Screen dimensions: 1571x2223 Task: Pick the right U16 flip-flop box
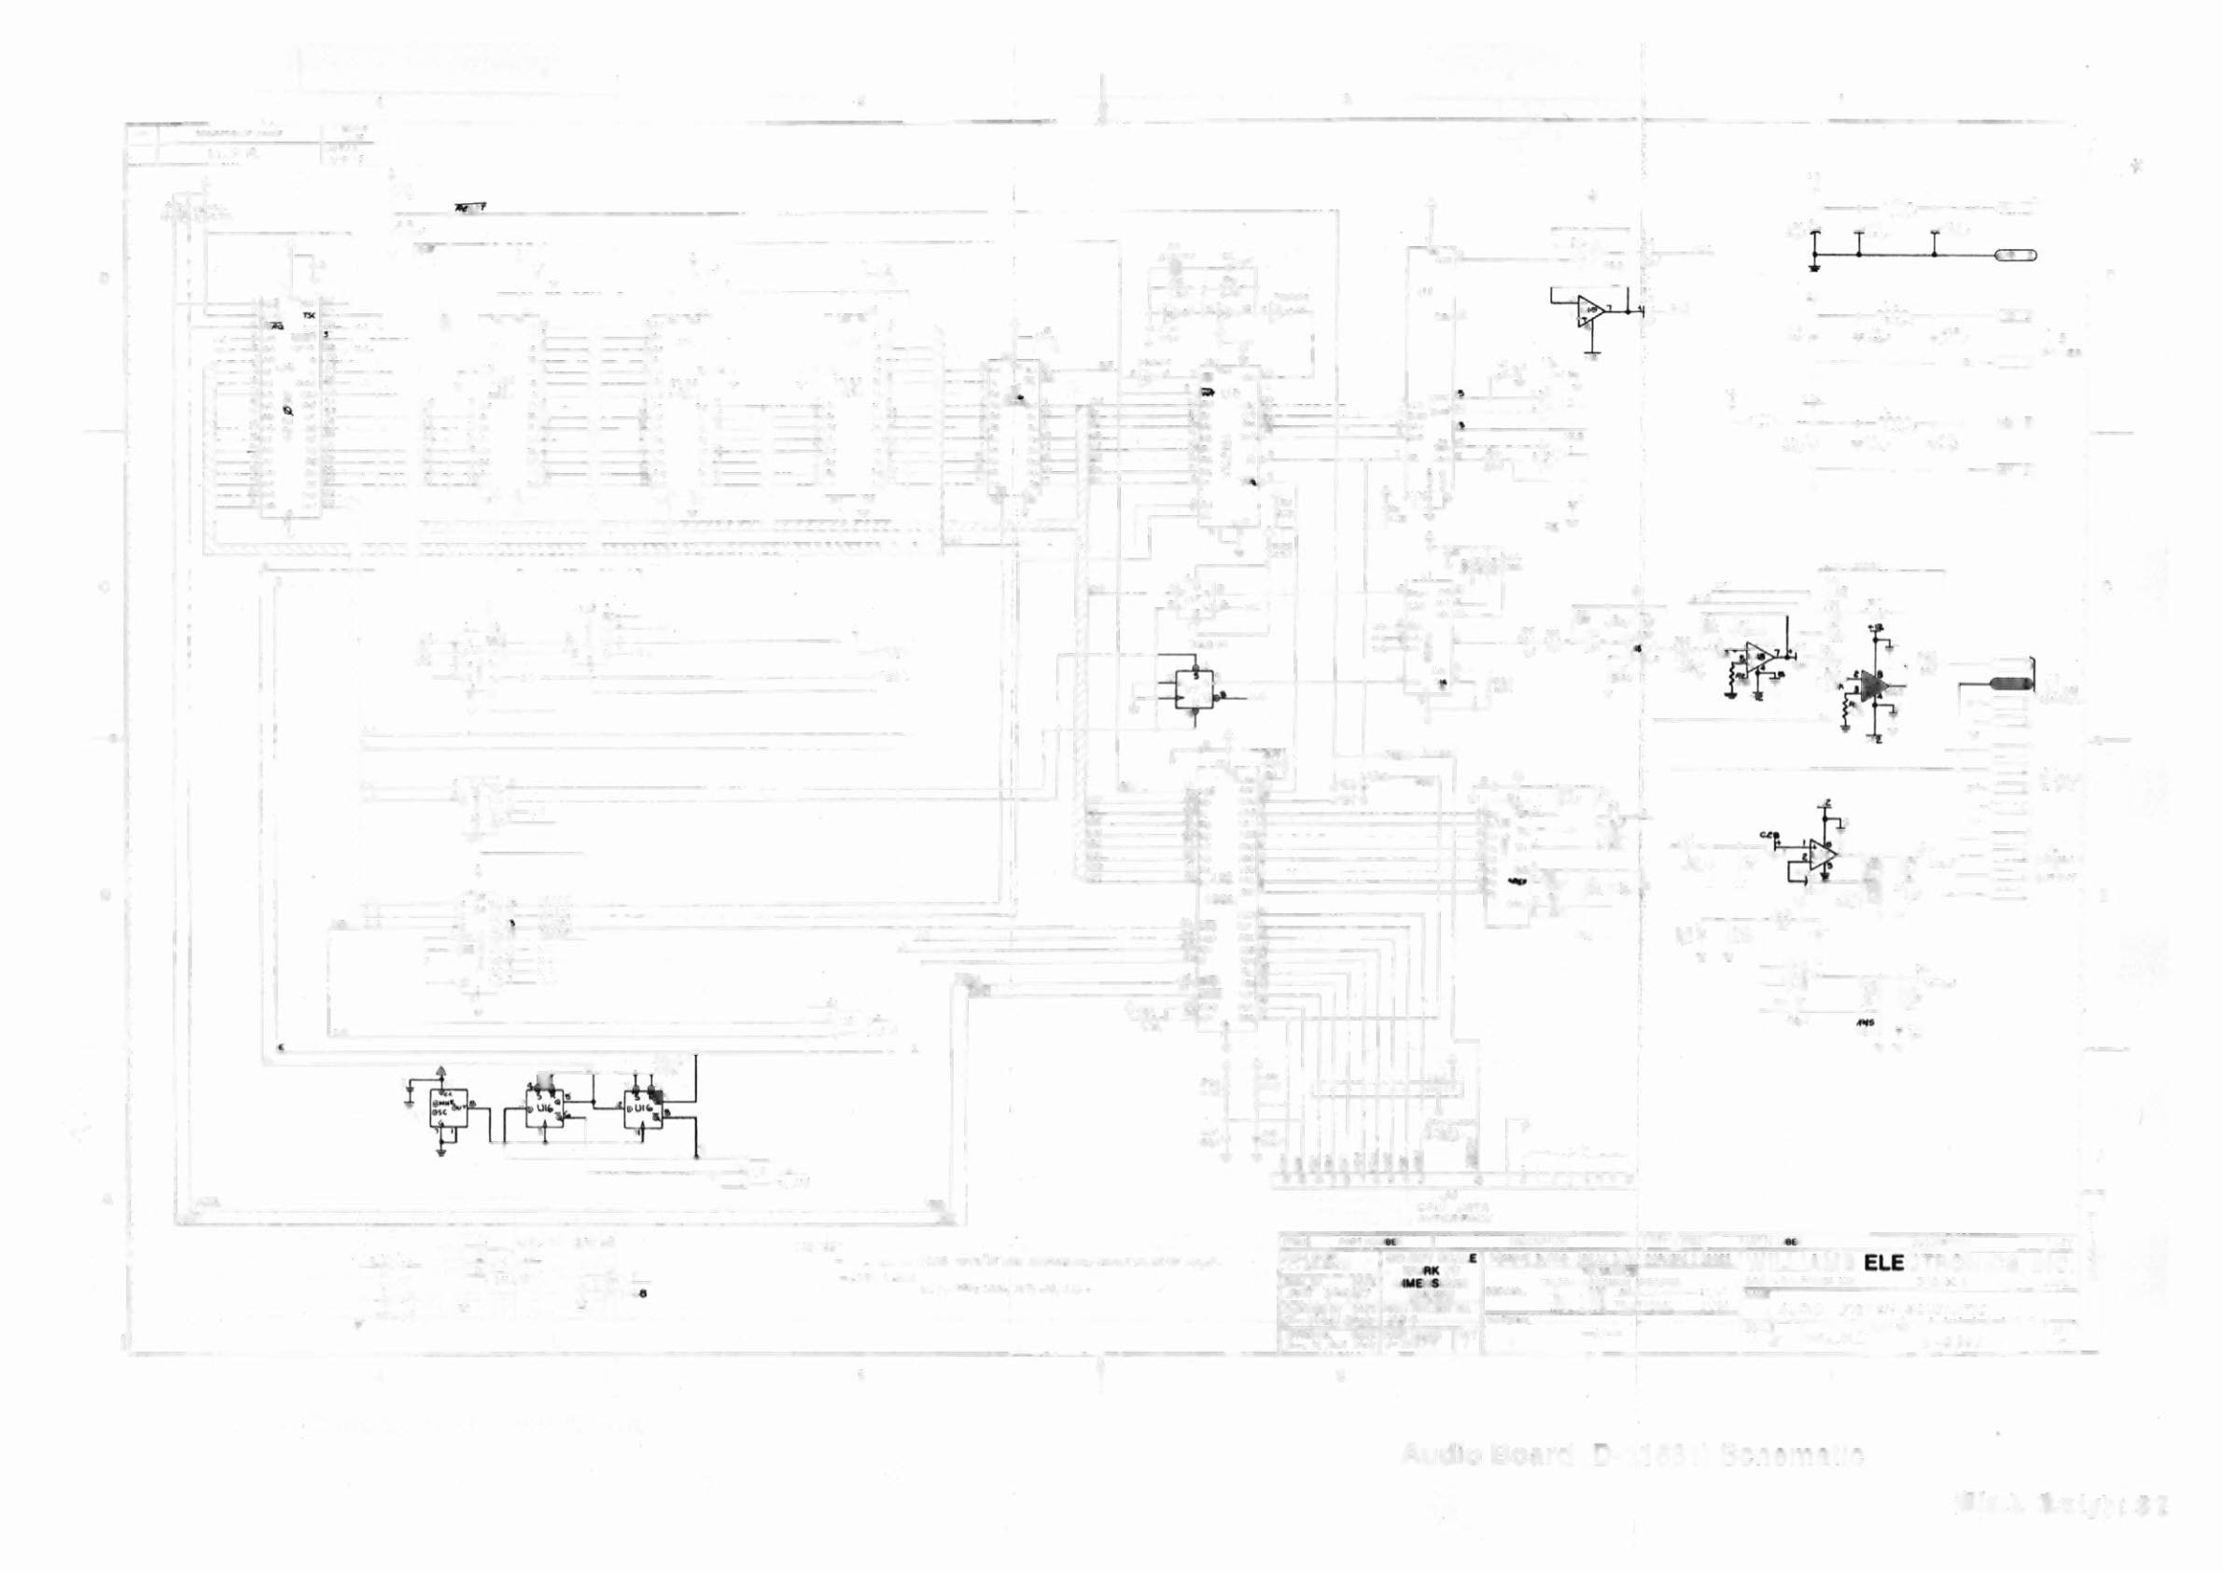[x=642, y=1108]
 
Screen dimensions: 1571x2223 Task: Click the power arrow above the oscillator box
[x=441, y=1071]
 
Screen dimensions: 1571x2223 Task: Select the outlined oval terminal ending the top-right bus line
[x=2016, y=255]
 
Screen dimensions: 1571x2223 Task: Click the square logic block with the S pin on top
[x=1194, y=689]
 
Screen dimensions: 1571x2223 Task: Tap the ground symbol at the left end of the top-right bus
[x=1813, y=266]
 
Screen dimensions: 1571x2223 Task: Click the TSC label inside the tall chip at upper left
[x=309, y=316]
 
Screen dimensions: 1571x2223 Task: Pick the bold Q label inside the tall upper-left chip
[x=287, y=411]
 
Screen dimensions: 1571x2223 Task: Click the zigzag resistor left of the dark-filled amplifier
[x=1846, y=714]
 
